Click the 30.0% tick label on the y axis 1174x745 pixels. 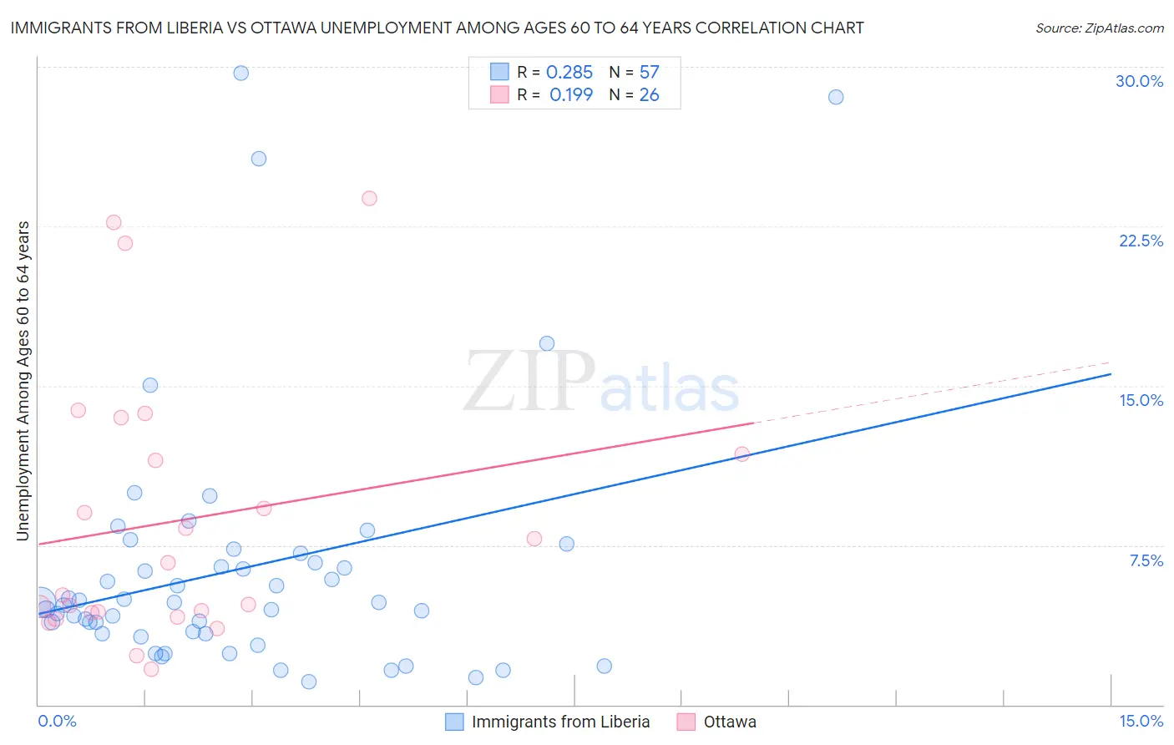coord(1139,81)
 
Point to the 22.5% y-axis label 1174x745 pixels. coord(1141,241)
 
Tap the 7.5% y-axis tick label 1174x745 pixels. coord(1146,560)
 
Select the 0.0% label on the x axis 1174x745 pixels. coord(57,721)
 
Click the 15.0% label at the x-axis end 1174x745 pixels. coord(1141,721)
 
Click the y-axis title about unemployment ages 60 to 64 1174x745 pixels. coord(23,381)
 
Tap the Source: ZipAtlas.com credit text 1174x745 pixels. coord(1099,28)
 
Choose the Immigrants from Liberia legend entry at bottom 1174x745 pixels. coord(548,722)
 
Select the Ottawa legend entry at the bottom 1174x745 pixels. coord(717,722)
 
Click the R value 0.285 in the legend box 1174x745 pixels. coord(569,73)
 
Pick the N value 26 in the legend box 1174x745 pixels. coord(649,95)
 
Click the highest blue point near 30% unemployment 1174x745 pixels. coord(240,73)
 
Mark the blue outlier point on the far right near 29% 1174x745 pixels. coord(835,97)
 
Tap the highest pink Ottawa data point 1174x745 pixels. coord(369,198)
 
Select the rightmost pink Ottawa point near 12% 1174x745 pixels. coord(741,454)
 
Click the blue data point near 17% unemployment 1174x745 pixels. coord(547,343)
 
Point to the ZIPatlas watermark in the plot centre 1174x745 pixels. coord(601,383)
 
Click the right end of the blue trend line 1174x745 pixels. coord(1110,373)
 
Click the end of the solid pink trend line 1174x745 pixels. coord(753,423)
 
